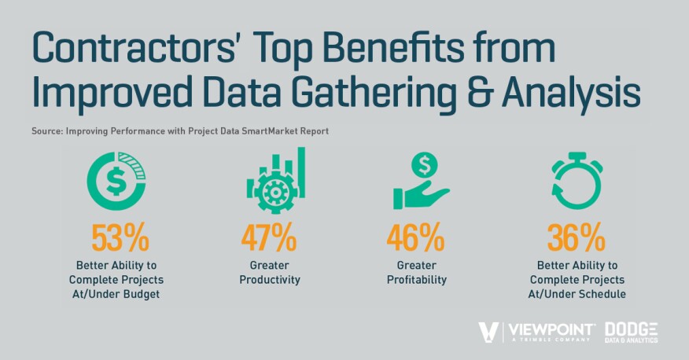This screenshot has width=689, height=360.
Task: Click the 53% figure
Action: click(120, 237)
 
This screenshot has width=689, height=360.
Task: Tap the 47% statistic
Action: click(268, 237)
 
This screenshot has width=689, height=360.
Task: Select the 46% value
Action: click(415, 237)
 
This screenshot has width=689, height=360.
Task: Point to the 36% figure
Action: click(576, 237)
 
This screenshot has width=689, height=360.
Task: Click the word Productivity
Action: click(270, 280)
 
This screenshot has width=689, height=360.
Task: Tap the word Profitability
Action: click(417, 280)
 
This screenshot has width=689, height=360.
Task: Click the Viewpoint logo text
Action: click(552, 329)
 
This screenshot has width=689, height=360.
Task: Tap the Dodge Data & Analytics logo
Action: click(631, 332)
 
